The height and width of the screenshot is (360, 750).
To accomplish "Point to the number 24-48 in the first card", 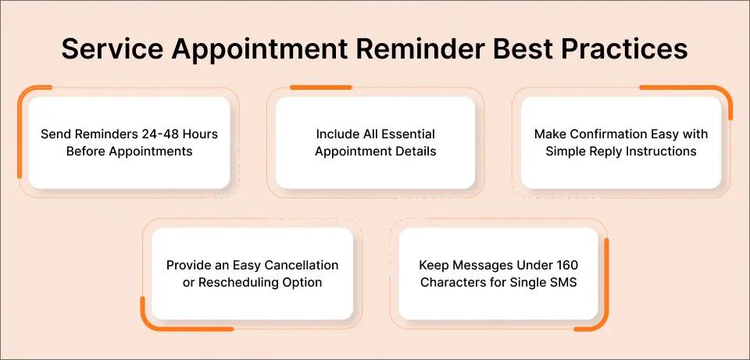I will point(157,134).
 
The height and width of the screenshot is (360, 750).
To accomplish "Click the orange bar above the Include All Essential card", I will point(320,87).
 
